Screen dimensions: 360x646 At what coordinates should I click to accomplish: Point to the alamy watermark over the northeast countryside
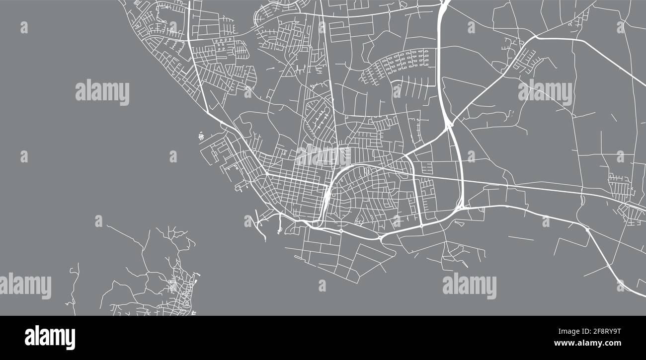click(545, 92)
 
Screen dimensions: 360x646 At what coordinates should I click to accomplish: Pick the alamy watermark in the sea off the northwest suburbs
click(102, 92)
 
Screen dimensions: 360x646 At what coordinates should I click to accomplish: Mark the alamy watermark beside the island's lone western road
click(26, 286)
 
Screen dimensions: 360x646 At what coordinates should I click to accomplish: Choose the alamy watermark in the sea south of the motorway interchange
click(469, 286)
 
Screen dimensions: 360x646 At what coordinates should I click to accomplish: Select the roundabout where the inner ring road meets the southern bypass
click(421, 226)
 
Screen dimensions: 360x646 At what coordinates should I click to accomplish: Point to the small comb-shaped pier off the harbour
click(201, 135)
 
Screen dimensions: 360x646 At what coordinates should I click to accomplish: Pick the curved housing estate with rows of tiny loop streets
click(398, 65)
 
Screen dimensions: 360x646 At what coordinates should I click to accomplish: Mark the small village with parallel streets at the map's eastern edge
click(621, 186)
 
